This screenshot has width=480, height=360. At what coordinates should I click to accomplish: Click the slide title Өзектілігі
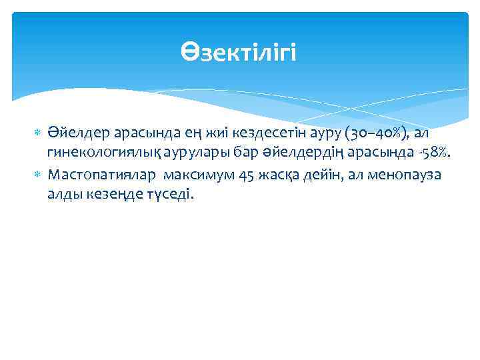[239, 51]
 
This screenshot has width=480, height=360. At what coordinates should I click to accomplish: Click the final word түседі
[170, 195]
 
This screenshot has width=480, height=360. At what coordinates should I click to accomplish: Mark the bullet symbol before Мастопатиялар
[37, 175]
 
